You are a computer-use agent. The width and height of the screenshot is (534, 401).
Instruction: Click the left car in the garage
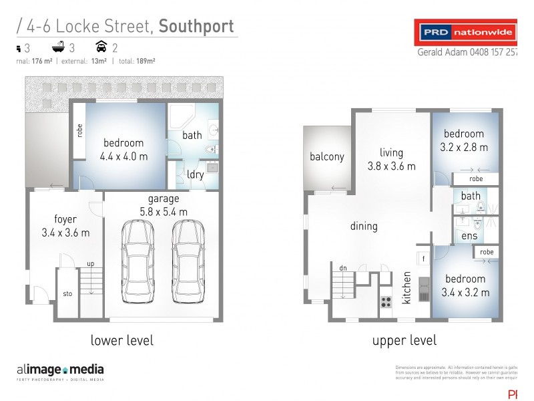(137, 261)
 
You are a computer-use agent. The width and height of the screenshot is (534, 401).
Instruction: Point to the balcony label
(327, 157)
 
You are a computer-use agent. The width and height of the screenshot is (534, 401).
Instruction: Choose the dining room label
(364, 226)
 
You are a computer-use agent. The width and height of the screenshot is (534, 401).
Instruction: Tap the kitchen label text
(407, 288)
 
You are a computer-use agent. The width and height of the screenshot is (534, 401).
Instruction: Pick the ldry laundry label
(196, 174)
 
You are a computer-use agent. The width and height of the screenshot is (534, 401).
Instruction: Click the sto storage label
(67, 293)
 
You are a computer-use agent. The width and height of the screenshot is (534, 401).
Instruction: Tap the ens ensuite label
(470, 236)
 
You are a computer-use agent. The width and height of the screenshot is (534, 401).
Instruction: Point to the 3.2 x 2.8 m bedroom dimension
(465, 147)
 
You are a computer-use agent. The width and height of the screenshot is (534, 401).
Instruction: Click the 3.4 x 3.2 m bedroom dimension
(465, 292)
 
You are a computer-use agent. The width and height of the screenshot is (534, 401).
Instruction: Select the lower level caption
(122, 340)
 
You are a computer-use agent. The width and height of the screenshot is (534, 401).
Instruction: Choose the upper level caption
(405, 340)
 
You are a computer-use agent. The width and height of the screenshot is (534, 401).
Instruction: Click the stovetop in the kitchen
(386, 301)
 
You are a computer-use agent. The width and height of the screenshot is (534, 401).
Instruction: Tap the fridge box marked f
(423, 257)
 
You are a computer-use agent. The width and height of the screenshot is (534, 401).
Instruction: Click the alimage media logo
(60, 370)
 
